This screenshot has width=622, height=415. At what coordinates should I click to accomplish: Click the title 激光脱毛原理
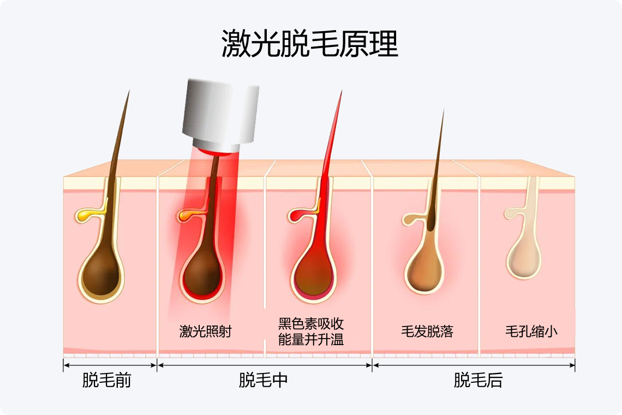click(x=310, y=44)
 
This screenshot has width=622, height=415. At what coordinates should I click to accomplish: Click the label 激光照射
click(x=205, y=331)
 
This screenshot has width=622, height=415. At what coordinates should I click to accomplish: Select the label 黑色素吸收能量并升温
click(x=311, y=331)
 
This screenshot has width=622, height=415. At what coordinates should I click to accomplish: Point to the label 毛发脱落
click(x=427, y=331)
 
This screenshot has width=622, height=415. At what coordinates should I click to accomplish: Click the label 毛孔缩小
click(x=531, y=331)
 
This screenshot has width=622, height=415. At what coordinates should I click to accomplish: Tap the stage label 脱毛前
click(x=107, y=380)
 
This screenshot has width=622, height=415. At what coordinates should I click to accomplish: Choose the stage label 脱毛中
click(x=263, y=380)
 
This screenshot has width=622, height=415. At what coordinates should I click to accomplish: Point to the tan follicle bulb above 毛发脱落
click(x=426, y=268)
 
